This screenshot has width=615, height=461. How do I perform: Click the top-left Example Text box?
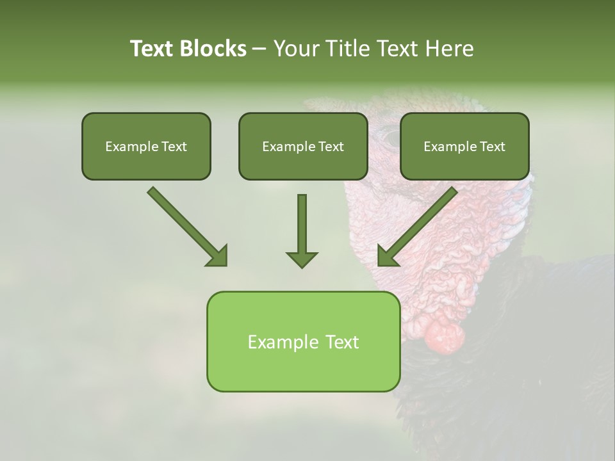pos(146,146)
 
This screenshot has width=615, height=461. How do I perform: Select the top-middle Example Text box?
pos(303,146)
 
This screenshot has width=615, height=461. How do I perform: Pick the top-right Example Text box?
pos(464,146)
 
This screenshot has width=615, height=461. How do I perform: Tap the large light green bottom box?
pos(303,341)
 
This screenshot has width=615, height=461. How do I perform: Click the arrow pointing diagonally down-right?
pos(186,225)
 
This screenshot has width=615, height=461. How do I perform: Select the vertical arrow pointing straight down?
pos(302,230)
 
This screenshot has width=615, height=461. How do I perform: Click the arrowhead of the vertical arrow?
pos(302,259)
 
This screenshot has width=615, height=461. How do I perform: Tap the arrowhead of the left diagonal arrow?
pos(218,256)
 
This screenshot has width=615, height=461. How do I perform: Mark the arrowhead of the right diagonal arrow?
pos(387,256)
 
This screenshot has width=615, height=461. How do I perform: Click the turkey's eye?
pos(389,136)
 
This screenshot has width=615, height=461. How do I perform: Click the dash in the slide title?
pos(259,49)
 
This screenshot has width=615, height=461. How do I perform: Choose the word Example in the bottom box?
pos(275,342)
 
